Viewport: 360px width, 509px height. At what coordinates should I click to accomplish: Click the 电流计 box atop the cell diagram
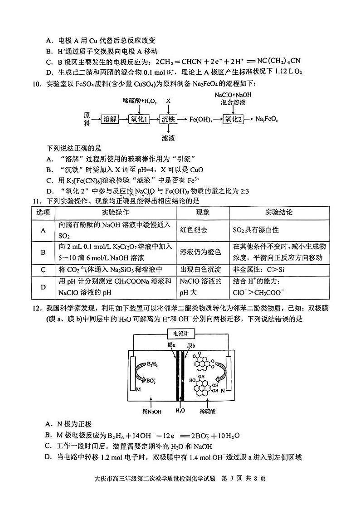(179, 334)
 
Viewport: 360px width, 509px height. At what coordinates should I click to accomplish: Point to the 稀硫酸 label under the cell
(207, 411)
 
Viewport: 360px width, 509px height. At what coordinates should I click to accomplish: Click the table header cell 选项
(44, 213)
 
